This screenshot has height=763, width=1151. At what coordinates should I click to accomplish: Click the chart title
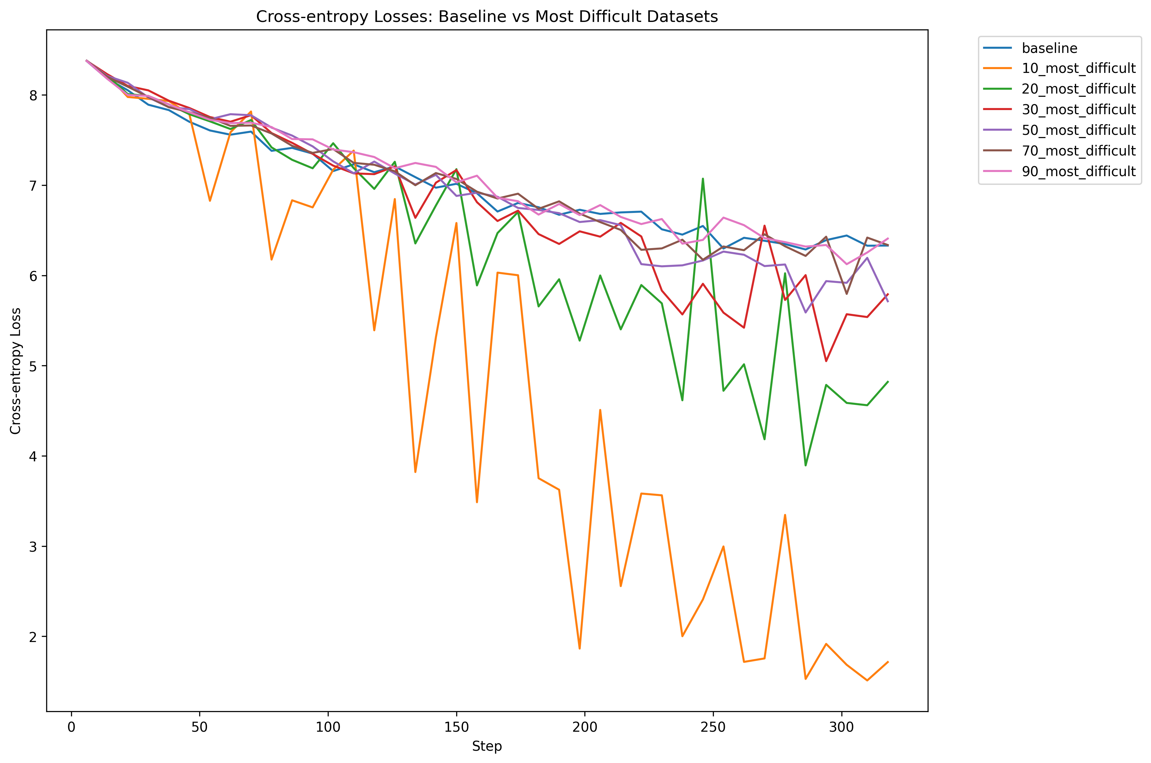coord(487,16)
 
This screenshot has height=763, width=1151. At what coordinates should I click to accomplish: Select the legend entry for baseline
coord(1049,48)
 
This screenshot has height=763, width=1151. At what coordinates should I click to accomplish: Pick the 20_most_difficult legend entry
coord(1078,89)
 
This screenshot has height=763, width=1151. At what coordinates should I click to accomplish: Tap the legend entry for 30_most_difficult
coord(1078,109)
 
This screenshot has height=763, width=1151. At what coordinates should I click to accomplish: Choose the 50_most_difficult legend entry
coord(1078,130)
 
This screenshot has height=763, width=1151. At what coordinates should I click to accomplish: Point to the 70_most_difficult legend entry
coord(1078,151)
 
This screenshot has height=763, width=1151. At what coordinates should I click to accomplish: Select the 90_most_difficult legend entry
coord(1078,171)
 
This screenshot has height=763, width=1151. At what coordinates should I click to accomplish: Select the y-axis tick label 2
coord(33,637)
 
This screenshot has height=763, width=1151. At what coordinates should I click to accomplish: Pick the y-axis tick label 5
coord(33,366)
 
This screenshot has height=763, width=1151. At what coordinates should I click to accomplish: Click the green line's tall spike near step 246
coord(703,179)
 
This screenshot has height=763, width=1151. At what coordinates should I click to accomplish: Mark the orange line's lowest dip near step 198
coord(580,648)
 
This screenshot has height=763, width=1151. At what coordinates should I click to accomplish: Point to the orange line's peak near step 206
coord(600,410)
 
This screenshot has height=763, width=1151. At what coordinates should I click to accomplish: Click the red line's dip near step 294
coord(826,361)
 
